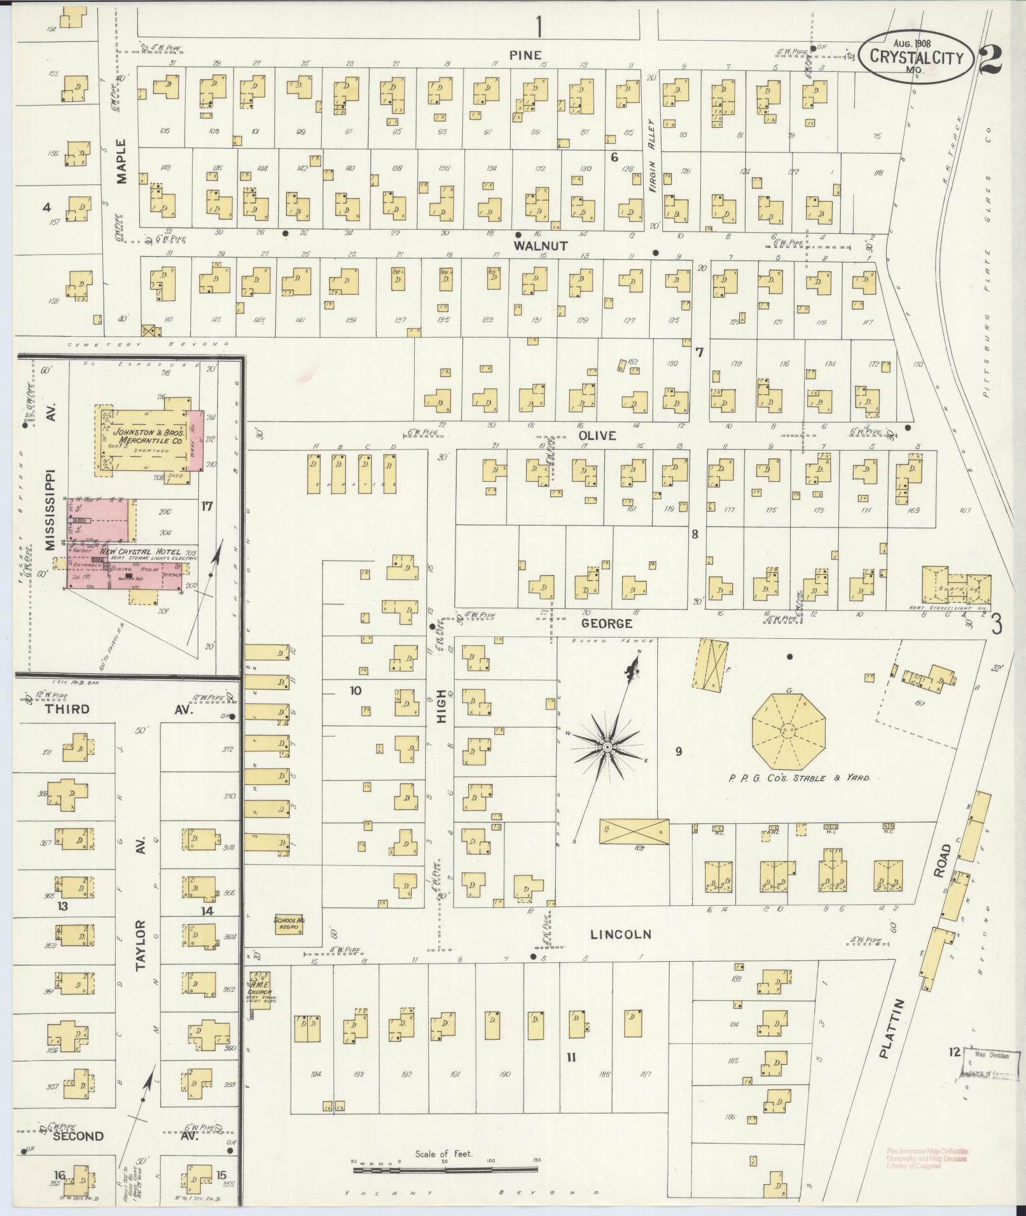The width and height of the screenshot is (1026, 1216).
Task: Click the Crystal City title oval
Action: coord(915,56)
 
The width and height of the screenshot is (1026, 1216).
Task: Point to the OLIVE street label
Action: coord(597,435)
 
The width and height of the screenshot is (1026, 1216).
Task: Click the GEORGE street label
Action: coord(607,624)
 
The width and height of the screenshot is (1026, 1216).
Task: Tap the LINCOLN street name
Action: coord(621,934)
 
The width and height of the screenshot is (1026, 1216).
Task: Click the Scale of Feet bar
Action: coord(445,1167)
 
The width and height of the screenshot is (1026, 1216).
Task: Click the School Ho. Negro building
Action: coord(289,924)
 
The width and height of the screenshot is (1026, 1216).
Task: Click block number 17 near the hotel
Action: coord(206,506)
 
